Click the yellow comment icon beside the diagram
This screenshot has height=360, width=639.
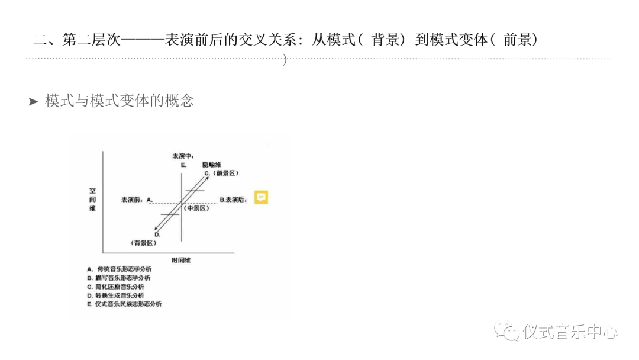[261, 197]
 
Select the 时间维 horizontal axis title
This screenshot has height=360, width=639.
[180, 260]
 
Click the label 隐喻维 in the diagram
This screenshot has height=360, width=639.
[211, 164]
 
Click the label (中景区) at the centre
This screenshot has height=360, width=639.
[195, 208]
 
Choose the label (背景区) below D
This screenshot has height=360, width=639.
[144, 243]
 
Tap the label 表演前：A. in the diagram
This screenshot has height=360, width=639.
[137, 200]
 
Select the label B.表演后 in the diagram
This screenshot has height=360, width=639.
[233, 200]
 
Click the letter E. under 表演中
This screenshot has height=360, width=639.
[184, 165]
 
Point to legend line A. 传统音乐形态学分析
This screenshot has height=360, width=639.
[119, 269]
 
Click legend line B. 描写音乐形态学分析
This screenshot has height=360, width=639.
[119, 278]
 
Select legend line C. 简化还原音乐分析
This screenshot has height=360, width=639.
[115, 287]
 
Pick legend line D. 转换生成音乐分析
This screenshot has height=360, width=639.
[115, 295]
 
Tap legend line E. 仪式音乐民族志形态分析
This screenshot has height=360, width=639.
[124, 304]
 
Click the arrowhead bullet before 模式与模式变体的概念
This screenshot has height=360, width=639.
[33, 102]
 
